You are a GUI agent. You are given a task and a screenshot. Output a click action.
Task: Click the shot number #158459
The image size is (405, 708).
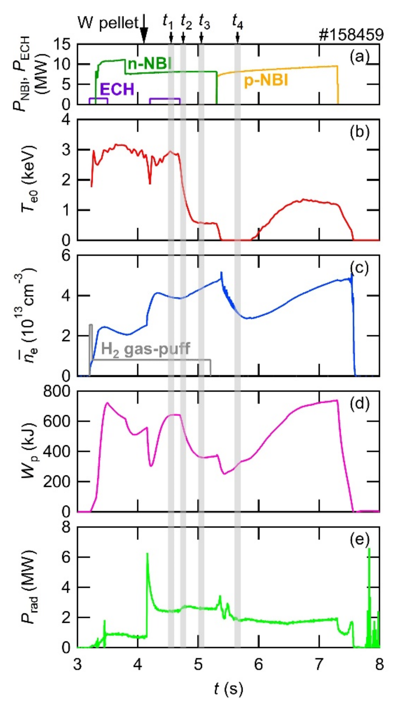351,35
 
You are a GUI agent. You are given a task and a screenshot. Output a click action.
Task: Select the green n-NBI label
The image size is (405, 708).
149,64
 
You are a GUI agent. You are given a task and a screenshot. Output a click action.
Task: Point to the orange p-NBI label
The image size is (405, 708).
266,81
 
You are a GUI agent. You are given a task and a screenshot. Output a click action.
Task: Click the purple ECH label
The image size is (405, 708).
117,89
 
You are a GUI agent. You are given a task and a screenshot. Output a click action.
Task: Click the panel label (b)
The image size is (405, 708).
359,132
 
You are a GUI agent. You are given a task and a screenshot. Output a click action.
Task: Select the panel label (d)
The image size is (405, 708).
359,403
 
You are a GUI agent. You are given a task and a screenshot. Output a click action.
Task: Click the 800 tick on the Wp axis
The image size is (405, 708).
57,392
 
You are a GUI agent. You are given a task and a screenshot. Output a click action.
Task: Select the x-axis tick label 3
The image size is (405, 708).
77,665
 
